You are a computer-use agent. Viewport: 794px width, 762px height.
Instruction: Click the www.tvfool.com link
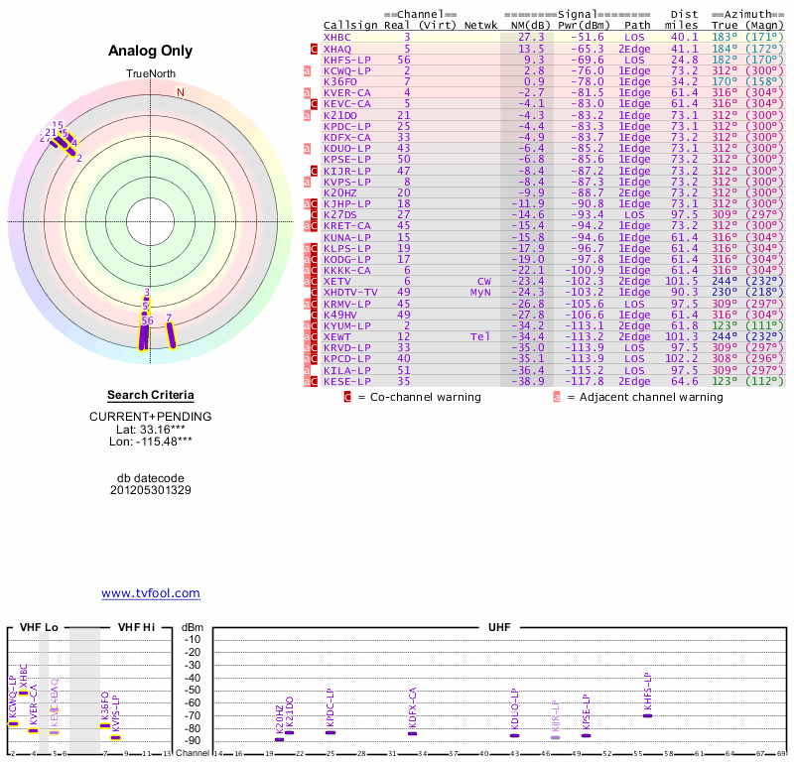150,593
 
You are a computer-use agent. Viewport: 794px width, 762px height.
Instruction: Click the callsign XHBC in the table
336,37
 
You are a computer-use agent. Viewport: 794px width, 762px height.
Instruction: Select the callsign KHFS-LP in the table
346,60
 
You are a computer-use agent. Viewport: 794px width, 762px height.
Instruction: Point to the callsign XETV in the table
336,281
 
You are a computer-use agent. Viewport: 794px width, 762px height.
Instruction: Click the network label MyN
480,292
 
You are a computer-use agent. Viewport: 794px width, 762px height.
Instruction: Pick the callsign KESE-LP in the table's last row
346,380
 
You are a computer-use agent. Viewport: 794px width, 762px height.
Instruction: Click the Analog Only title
150,52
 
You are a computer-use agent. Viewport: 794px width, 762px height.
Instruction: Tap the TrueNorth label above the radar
150,74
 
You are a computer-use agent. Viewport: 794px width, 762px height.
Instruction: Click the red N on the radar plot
181,93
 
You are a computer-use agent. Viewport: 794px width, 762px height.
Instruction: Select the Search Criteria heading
150,395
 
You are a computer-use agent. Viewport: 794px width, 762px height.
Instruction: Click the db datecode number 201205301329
150,490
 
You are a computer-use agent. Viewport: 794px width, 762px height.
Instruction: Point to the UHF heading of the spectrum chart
499,628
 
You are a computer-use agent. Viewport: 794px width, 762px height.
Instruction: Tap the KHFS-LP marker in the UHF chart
647,714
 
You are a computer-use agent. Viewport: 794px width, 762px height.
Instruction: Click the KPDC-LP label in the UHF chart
330,710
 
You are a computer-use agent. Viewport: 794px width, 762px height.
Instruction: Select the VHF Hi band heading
137,628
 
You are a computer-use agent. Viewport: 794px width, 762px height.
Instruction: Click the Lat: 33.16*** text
150,429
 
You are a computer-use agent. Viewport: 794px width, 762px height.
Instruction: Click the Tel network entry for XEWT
480,336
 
